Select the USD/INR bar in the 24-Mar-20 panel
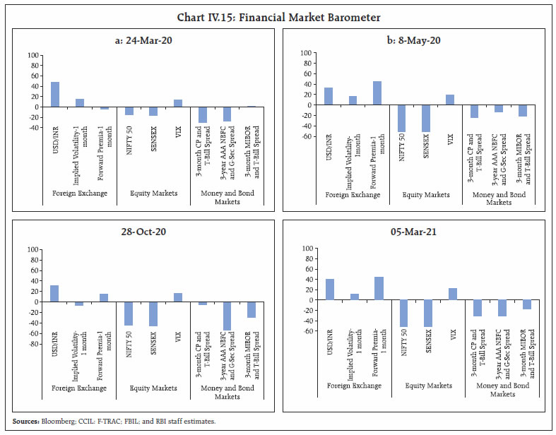click(54, 95)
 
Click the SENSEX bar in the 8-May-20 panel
click(425, 118)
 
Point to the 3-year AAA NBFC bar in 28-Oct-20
click(227, 316)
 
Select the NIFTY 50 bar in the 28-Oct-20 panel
click(129, 314)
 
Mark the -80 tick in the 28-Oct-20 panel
click(33, 344)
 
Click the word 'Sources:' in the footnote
click(26, 421)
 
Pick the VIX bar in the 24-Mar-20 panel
click(178, 103)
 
